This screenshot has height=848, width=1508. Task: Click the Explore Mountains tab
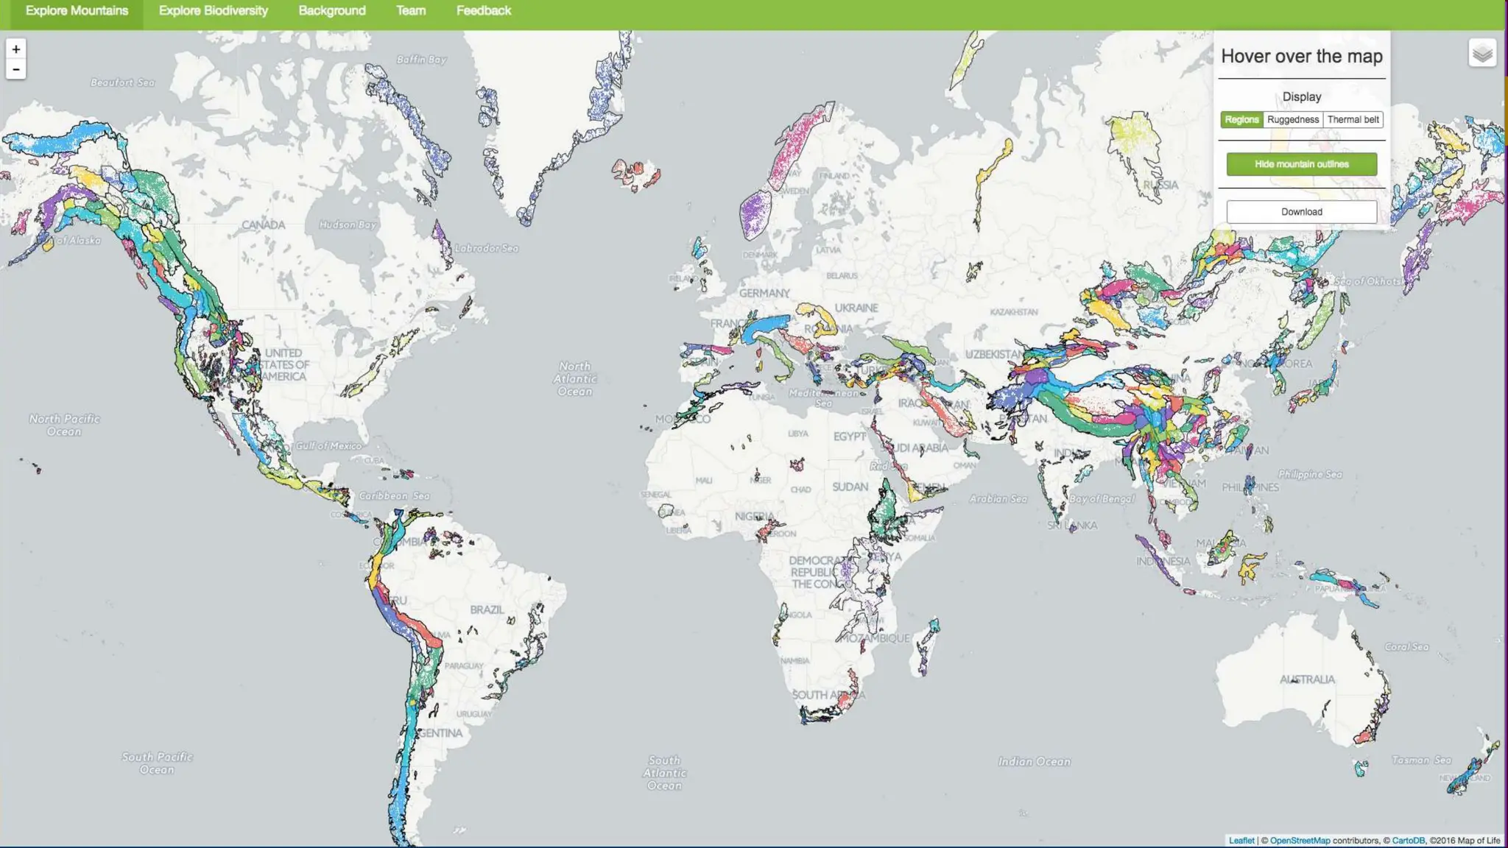77,11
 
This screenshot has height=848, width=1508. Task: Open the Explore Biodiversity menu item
214,11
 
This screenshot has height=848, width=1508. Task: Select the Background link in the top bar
332,11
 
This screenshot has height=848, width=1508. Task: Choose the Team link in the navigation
411,11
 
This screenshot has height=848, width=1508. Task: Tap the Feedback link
484,11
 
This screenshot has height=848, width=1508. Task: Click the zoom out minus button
16,69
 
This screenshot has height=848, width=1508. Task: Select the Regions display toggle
1241,120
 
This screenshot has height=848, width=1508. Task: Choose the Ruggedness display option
1293,120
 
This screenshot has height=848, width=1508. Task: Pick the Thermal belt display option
1353,120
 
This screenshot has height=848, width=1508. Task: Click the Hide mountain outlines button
1302,164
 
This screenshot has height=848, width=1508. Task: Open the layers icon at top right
1482,53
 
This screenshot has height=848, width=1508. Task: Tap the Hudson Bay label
348,225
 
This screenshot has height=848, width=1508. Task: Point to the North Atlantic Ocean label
574,378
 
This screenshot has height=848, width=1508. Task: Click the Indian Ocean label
1034,762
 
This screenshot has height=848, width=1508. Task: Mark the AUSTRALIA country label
1307,679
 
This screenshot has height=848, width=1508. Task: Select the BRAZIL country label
487,609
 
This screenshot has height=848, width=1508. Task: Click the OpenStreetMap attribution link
1300,841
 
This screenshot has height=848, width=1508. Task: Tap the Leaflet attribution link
1241,841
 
